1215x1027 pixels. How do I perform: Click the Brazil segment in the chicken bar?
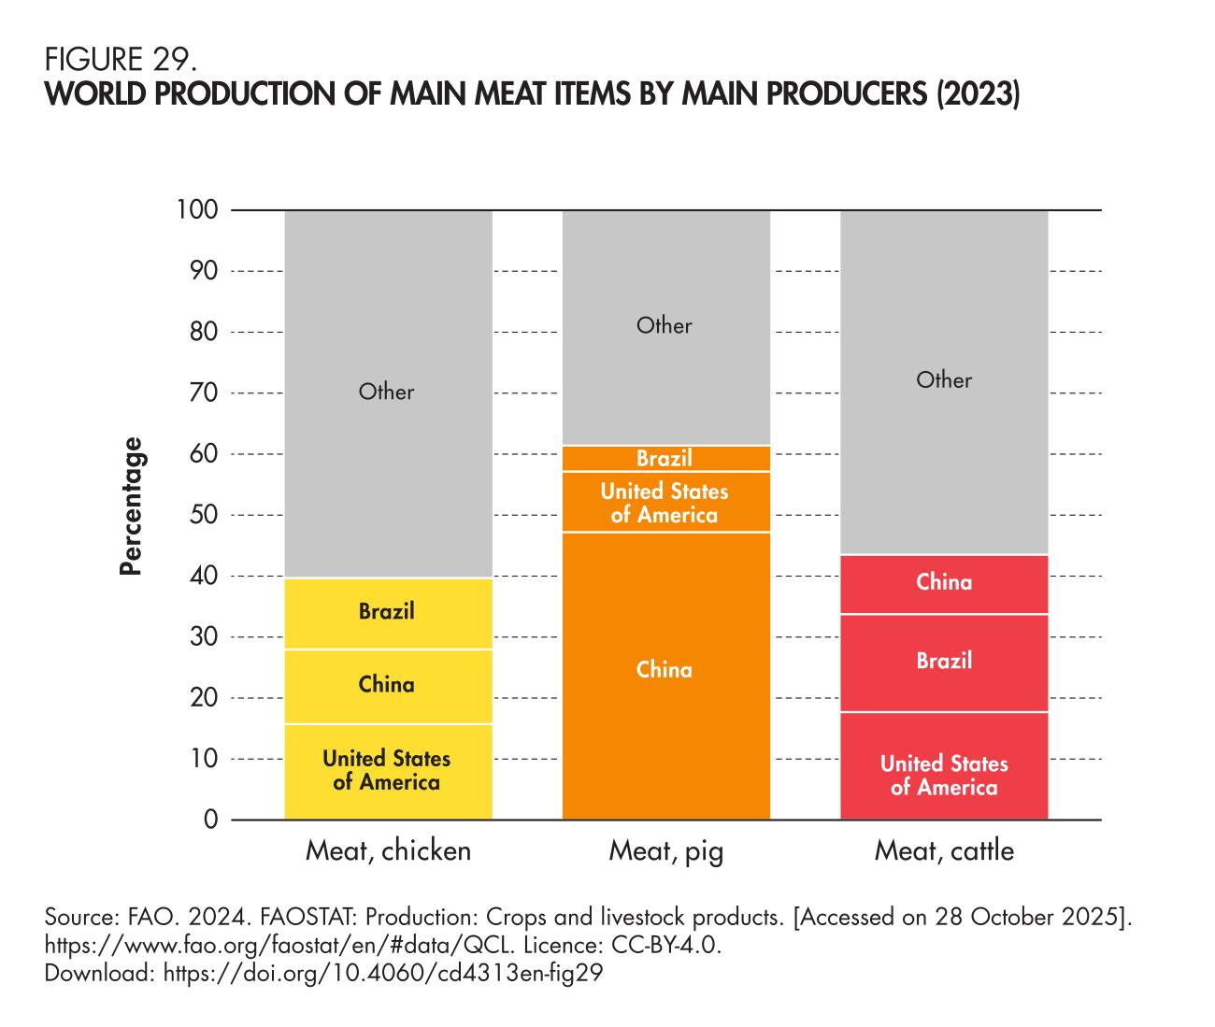387,613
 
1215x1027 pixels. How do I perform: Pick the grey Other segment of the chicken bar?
387,392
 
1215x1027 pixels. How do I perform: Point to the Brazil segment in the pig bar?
665,459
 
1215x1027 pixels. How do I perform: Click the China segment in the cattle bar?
944,583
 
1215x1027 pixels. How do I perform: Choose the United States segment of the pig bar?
665,503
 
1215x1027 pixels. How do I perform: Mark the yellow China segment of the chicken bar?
387,686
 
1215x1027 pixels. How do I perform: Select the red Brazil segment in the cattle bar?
944,662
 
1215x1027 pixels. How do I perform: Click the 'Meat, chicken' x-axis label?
389,851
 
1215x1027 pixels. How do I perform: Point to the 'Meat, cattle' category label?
944,851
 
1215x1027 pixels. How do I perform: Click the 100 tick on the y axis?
197,209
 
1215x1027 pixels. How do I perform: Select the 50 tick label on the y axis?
204,515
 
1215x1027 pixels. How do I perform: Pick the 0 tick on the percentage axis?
211,820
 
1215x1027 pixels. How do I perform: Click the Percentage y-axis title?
132,506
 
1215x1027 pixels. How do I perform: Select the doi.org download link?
383,973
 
